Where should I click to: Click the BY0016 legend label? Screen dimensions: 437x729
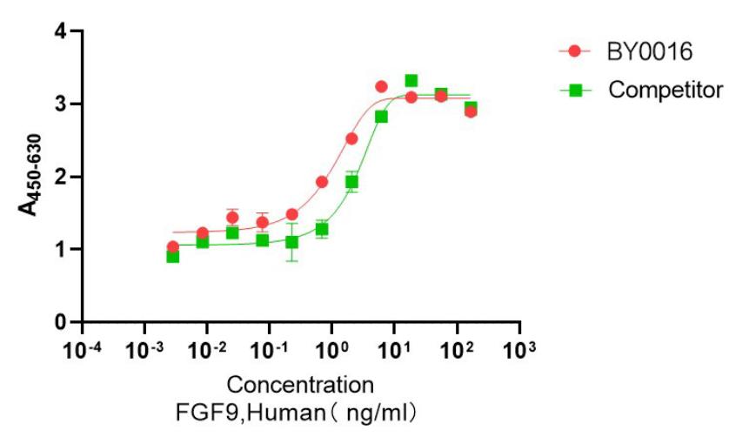tap(649, 51)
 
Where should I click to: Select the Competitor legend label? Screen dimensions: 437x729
tap(666, 89)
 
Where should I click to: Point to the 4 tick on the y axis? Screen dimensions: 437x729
tap(61, 32)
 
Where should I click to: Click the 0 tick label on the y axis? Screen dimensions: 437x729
tap(61, 323)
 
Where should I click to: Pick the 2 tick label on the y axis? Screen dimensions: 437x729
tap(61, 178)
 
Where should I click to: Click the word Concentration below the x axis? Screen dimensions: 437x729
tap(301, 384)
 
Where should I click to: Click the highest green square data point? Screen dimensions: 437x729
tap(411, 81)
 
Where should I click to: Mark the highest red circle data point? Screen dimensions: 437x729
tap(381, 87)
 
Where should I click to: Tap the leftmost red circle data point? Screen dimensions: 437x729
tap(173, 246)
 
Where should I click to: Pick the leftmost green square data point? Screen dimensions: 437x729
tap(173, 256)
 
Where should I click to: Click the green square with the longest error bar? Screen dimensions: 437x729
tap(292, 242)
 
